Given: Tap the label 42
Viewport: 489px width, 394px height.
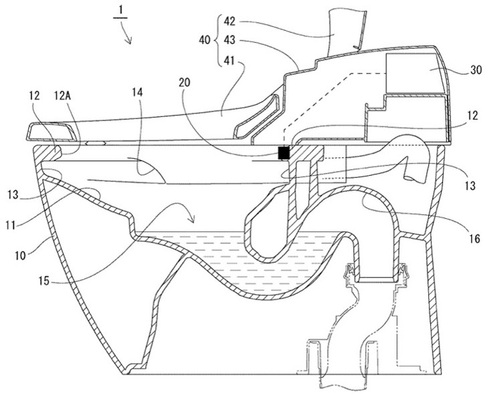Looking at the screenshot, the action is point(229,22).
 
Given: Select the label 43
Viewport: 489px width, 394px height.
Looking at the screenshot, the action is point(229,41).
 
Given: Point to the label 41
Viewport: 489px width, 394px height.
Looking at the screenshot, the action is point(229,61).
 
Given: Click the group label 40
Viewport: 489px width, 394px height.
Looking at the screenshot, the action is point(205,40).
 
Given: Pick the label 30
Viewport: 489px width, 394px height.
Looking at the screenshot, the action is point(476,70).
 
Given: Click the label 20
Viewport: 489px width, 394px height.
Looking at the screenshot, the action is point(185,83).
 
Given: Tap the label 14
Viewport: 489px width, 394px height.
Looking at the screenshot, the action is point(137,92).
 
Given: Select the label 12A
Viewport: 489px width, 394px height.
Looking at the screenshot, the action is point(62,96).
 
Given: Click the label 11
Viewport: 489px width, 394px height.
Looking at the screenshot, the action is point(10,225).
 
